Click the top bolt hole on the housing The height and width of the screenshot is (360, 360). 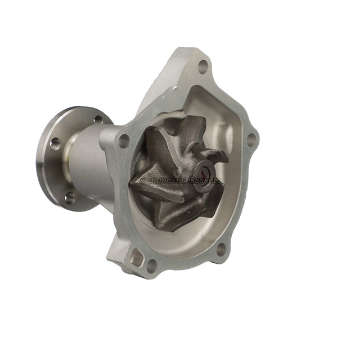203,67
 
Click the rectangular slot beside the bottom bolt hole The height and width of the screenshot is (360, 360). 137,258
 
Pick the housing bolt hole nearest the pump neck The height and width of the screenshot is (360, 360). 124,141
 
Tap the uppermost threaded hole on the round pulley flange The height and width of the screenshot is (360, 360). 98,119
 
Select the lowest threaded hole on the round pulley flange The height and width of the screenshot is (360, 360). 69,197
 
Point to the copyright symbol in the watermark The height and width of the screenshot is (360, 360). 143,180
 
